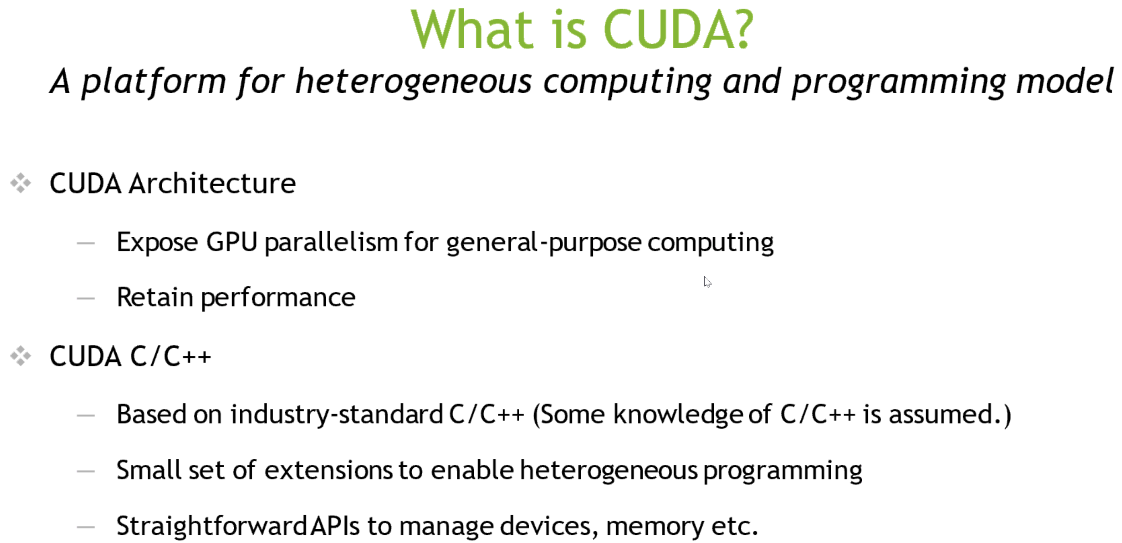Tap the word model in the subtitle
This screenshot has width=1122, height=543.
tap(1065, 81)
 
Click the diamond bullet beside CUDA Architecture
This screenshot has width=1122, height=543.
tap(21, 183)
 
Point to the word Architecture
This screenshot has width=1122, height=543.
tap(212, 183)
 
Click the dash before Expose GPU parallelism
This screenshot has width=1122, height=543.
tap(86, 243)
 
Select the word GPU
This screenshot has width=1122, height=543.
tap(232, 242)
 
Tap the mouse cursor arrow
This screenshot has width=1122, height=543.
tap(707, 282)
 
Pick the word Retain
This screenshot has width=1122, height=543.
tap(155, 297)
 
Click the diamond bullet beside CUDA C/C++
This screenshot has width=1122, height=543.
tap(21, 356)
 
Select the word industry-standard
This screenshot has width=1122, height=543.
tap(337, 415)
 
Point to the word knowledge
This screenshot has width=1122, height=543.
tap(678, 415)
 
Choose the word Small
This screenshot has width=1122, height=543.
tap(148, 470)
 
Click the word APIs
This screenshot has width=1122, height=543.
tap(335, 525)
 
